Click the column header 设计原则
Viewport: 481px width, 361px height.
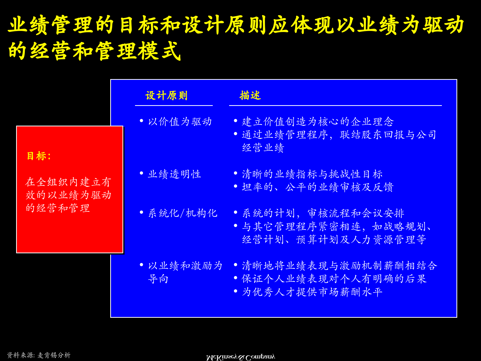click(x=166, y=96)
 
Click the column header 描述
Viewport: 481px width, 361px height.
click(x=250, y=96)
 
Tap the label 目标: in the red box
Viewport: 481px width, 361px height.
click(x=39, y=156)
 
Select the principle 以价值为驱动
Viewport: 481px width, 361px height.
click(x=180, y=122)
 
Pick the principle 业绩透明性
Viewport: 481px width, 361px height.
click(x=174, y=174)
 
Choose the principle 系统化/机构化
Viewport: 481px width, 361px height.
click(x=183, y=213)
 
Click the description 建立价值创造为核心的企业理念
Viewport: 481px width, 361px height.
click(x=318, y=122)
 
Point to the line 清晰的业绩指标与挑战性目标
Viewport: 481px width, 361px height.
click(x=312, y=174)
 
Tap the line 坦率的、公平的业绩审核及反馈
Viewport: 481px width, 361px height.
click(x=318, y=187)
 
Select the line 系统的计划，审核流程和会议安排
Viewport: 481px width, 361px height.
click(x=323, y=213)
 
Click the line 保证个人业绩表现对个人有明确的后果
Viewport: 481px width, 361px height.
click(x=334, y=279)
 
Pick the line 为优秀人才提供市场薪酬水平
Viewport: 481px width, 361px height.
click(x=312, y=292)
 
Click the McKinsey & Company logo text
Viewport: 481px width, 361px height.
click(x=240, y=357)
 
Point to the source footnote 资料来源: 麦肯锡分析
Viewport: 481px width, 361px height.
click(x=39, y=355)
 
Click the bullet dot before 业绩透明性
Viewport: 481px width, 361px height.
click(x=141, y=173)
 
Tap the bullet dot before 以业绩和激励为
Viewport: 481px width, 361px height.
click(x=141, y=265)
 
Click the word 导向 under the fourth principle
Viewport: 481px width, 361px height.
click(x=158, y=279)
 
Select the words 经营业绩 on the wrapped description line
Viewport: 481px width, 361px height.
click(x=263, y=148)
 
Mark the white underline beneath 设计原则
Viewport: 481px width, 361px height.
click(x=174, y=105)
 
